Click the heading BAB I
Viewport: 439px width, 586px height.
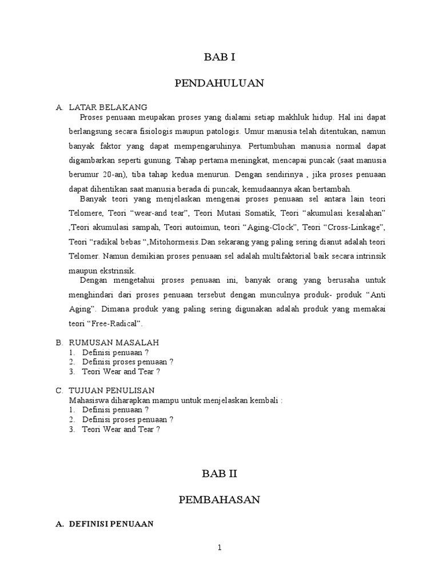(x=219, y=57)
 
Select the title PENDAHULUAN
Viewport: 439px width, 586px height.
(x=219, y=84)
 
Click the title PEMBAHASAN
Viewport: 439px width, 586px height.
(x=219, y=500)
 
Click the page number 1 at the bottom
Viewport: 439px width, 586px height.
(x=219, y=548)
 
